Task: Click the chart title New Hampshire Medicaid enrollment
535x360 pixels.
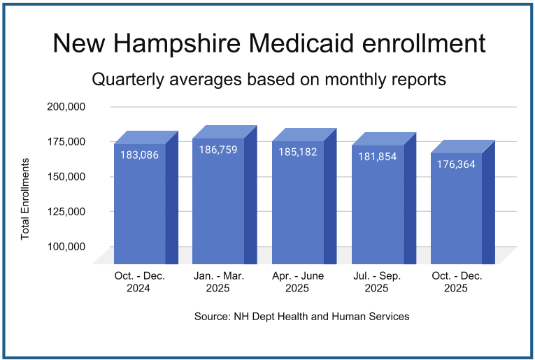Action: tap(269, 43)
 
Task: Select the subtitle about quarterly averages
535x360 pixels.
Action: tap(269, 79)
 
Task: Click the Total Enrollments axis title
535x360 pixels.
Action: tap(25, 199)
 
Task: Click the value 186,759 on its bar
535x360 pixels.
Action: tap(219, 149)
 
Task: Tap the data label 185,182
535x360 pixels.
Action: tap(298, 151)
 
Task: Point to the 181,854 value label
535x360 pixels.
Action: tap(378, 157)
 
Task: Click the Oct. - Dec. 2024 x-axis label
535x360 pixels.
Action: tap(140, 282)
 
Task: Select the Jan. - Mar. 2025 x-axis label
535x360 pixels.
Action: tap(219, 282)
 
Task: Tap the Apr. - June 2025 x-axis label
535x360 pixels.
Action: tap(298, 282)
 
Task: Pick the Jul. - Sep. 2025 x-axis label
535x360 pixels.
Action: tap(377, 282)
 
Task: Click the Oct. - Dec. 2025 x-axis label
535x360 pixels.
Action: tap(457, 282)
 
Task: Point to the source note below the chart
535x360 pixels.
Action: tap(301, 317)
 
